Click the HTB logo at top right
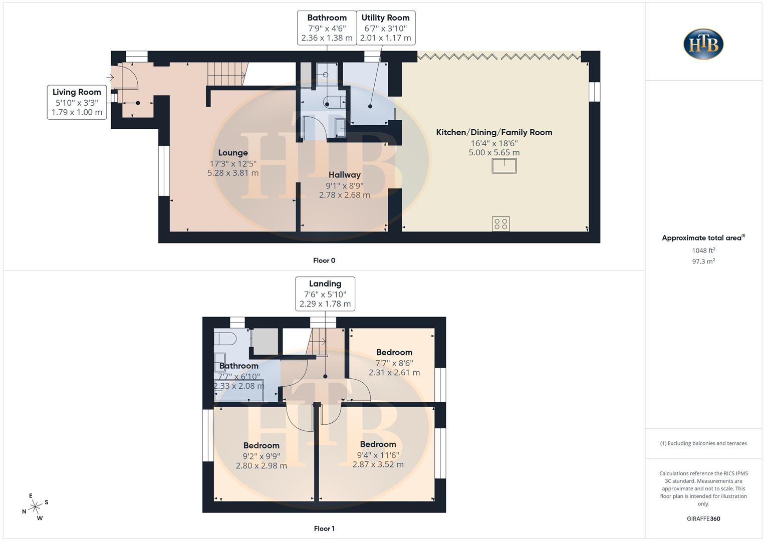703,44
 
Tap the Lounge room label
233,153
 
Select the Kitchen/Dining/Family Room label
494,132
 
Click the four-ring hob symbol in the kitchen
500,223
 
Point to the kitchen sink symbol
504,165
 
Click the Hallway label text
344,175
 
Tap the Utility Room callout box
385,28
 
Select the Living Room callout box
77,102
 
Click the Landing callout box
325,294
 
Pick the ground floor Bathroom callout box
327,28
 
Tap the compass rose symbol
35,507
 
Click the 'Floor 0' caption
324,260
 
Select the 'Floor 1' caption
324,528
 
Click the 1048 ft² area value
703,250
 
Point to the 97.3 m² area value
703,261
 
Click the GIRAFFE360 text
703,519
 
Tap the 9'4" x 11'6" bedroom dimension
378,455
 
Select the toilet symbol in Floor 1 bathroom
225,340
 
